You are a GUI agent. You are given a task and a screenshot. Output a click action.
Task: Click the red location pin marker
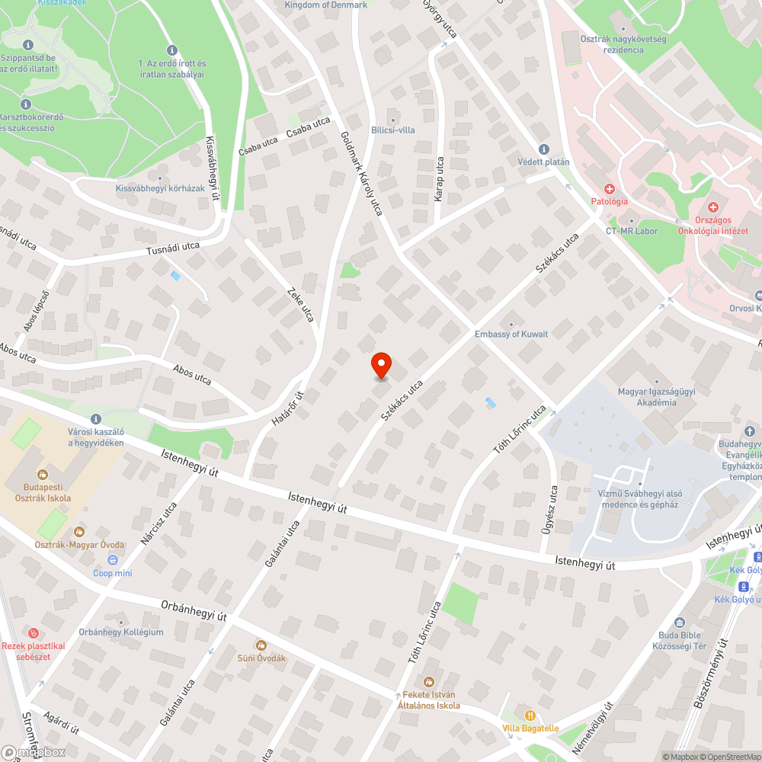pos(380,365)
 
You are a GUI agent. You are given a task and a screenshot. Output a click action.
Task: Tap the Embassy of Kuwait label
pos(511,334)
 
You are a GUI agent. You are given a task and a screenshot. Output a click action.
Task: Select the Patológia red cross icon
pos(610,188)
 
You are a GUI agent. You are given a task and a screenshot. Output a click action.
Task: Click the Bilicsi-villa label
pos(393,130)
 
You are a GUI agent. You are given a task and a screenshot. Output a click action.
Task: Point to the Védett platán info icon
pos(543,149)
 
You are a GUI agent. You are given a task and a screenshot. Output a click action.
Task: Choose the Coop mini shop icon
pos(113,560)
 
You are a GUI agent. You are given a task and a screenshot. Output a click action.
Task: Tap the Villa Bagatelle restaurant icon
pos(530,715)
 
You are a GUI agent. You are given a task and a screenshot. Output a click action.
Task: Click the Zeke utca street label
pos(300,304)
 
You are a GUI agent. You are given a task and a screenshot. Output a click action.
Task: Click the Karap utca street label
pos(439,179)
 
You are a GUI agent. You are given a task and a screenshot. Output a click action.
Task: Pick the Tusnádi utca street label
pos(173,249)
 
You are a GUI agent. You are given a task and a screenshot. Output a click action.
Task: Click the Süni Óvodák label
pos(261,658)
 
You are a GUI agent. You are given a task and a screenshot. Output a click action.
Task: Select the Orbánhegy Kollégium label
pos(121,632)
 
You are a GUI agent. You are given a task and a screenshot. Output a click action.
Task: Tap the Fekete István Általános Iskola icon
pos(428,680)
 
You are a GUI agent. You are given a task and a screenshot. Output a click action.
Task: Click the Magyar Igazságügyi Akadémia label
pos(647,397)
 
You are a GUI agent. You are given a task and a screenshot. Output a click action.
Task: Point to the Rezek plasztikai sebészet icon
pos(33,632)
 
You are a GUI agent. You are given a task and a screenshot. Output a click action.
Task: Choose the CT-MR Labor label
pos(632,231)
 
